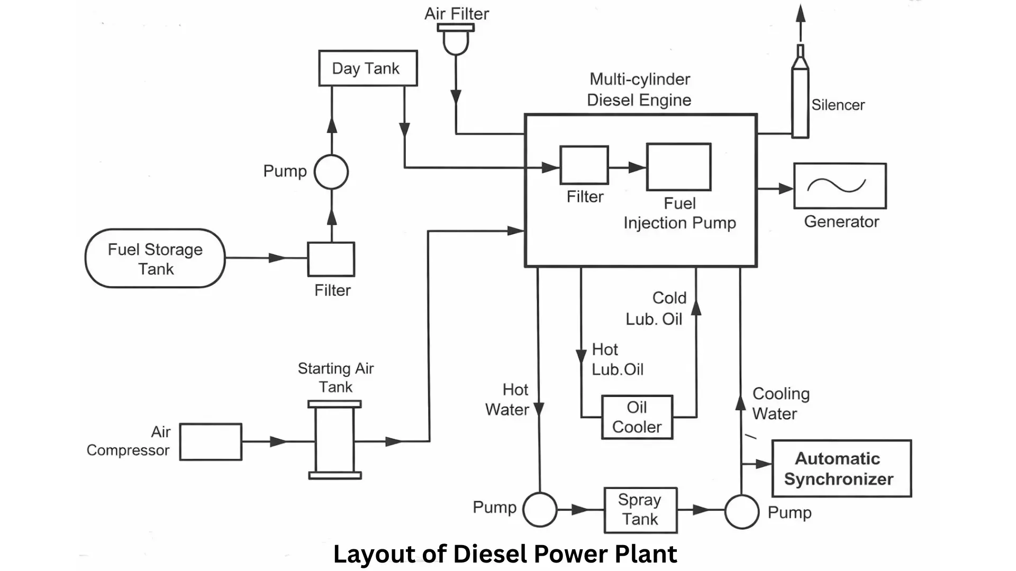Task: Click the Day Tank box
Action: click(x=368, y=68)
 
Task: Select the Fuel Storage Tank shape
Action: click(x=155, y=259)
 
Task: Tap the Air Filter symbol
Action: click(x=456, y=40)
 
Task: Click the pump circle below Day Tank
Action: click(x=331, y=172)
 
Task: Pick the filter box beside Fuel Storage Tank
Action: click(x=331, y=259)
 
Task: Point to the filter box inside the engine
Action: click(x=584, y=165)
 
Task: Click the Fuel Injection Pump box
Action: click(x=678, y=167)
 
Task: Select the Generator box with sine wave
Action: click(x=840, y=186)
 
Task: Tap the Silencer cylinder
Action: click(x=800, y=100)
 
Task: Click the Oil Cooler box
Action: click(x=637, y=417)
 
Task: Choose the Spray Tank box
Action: click(x=640, y=510)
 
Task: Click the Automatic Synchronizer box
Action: click(x=841, y=468)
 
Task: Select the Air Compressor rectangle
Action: click(x=211, y=441)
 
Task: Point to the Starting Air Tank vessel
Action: click(x=335, y=440)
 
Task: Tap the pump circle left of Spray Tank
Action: click(x=540, y=510)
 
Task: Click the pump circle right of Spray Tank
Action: click(x=741, y=511)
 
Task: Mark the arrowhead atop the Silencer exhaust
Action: click(x=801, y=13)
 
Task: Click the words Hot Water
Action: click(x=507, y=400)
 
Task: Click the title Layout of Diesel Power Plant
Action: click(x=505, y=554)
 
